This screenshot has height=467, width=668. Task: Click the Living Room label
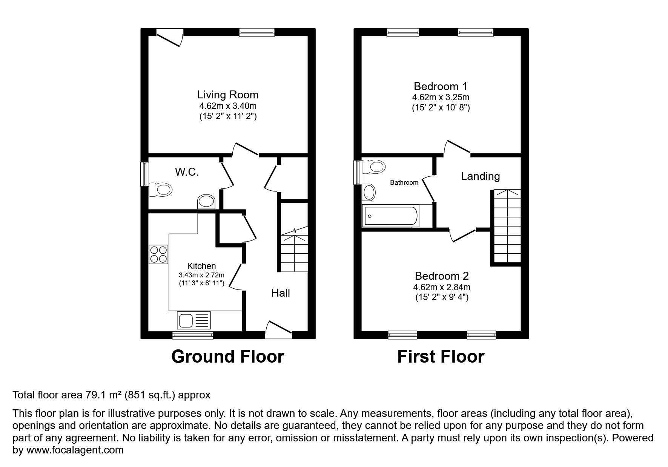pos(228,95)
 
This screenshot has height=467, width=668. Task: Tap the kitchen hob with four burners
pos(158,254)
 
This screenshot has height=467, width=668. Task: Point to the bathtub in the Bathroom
pos(390,216)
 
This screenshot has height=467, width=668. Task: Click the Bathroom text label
pos(404,183)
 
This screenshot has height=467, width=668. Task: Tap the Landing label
pos(480,176)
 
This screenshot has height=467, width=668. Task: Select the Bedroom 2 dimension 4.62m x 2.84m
pos(442,287)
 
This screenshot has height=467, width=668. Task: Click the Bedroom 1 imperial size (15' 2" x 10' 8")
pos(441,108)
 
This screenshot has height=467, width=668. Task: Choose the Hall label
pos(281,293)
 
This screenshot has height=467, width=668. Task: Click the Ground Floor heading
pos(227,357)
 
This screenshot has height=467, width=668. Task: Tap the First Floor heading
pos(441,357)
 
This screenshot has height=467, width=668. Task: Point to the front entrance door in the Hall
pos(279,330)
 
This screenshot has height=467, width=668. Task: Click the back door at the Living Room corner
pos(170,38)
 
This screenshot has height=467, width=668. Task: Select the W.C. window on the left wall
pos(145,174)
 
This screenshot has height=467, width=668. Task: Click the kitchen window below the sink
pos(193,335)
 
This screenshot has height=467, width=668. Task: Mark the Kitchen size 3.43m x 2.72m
pos(201,275)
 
